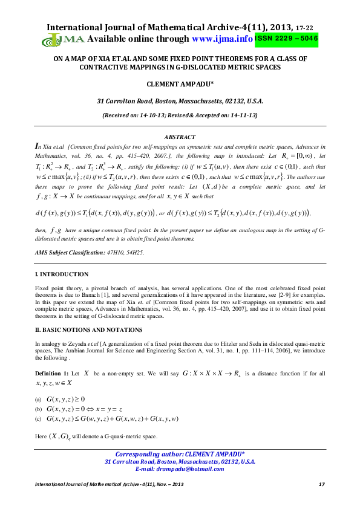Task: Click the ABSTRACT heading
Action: pyautogui.click(x=180, y=137)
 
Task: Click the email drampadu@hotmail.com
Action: pyautogui.click(x=180, y=468)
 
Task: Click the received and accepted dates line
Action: pyautogui.click(x=180, y=114)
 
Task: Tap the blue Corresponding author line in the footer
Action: pyautogui.click(x=180, y=454)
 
